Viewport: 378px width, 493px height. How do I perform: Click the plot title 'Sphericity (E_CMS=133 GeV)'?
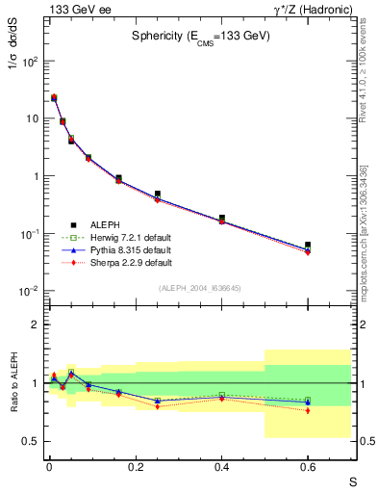click(x=201, y=36)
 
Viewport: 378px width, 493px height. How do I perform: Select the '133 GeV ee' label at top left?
click(x=72, y=9)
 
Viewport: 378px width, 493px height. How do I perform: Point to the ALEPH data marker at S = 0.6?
click(x=308, y=245)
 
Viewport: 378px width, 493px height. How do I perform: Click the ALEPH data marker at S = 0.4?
click(x=221, y=219)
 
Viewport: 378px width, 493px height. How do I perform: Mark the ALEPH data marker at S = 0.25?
click(x=157, y=195)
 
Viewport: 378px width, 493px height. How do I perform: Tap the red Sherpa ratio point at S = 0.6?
click(x=308, y=410)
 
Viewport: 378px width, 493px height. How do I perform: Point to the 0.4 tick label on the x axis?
click(x=221, y=466)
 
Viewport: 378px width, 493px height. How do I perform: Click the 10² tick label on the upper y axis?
click(x=29, y=61)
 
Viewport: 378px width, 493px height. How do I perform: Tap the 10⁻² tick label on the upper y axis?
click(x=29, y=292)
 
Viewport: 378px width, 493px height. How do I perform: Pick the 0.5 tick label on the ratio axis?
click(x=31, y=441)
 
